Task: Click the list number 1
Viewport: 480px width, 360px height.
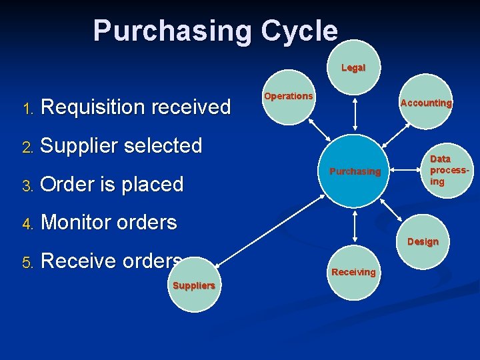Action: point(27,108)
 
